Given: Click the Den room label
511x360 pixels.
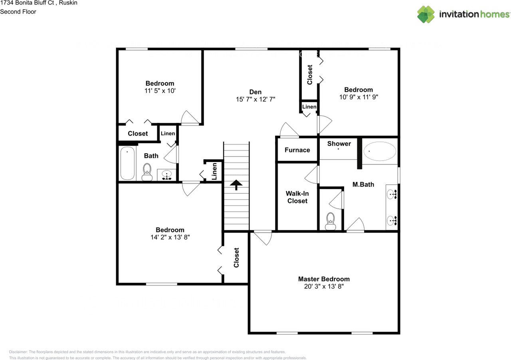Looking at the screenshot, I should (255, 92).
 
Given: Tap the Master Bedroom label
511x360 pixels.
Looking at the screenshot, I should (324, 279).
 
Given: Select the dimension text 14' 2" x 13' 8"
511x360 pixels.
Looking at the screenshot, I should (170, 237).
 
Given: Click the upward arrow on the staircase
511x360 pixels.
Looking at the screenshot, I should (236, 185).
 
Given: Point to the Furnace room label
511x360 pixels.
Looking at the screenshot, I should (297, 150).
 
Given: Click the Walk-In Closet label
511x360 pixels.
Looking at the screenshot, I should (297, 197).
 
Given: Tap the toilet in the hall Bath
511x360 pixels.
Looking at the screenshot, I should (147, 172).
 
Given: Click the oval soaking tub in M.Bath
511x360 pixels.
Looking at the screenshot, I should (380, 152).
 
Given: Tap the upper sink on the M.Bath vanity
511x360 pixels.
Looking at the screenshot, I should (391, 195).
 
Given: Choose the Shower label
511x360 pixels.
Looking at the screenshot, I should (339, 144).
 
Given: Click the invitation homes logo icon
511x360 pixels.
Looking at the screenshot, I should (426, 14).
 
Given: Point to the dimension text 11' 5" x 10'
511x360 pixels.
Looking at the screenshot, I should (160, 91).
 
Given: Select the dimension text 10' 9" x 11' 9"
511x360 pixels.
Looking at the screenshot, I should (358, 97).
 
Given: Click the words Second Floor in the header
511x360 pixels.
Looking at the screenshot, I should (18, 12).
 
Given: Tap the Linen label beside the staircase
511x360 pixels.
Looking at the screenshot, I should (214, 171).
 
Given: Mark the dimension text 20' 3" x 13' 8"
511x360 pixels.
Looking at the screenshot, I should (324, 287).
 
